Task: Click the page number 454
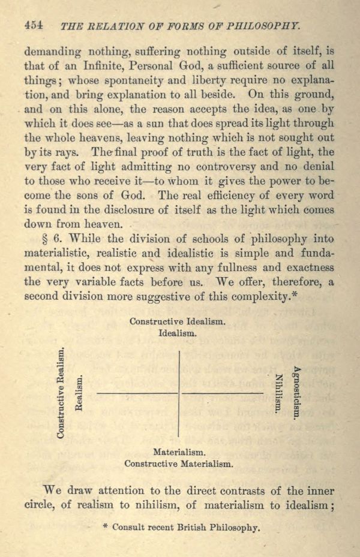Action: point(34,25)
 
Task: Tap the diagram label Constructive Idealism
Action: point(178,321)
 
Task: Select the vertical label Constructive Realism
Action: point(61,393)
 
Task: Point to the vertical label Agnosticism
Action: point(296,393)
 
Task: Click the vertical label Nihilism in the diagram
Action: point(278,393)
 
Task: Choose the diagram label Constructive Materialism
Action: point(178,463)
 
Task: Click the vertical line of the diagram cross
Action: point(179,393)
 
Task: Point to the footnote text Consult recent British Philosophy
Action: point(185,528)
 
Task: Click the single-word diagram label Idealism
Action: point(177,333)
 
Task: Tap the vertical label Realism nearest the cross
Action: point(78,393)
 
